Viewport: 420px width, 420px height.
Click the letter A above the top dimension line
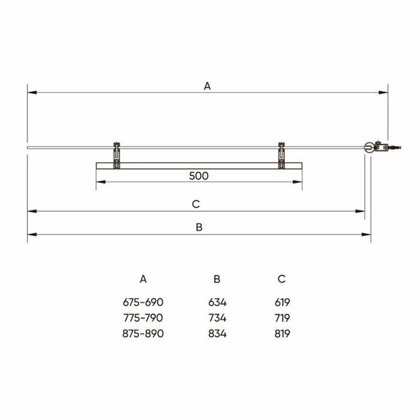208,86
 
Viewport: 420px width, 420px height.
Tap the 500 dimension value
199,176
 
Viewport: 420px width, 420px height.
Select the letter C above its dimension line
196,204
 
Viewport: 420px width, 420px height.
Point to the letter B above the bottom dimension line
199,227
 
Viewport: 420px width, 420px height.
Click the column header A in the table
143,279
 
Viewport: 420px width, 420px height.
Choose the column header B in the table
217,279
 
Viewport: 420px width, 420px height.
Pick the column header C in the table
281,279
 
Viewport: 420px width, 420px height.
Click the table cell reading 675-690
143,302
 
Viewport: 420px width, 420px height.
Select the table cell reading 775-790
143,318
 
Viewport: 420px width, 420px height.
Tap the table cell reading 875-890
143,334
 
